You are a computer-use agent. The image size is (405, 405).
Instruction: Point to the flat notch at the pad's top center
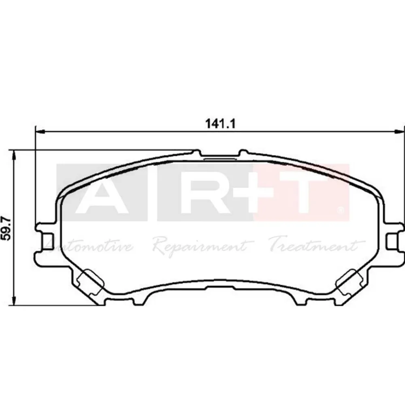tap(219, 158)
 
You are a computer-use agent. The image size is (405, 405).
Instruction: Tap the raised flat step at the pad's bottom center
tap(219, 289)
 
